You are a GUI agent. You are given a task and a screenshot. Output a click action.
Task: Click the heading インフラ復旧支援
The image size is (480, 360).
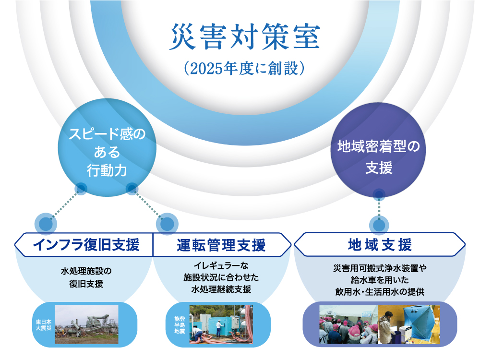[86, 245]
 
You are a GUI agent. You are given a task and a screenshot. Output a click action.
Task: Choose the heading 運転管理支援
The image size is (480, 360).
[221, 245]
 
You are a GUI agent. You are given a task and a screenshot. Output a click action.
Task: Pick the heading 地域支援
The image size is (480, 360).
[380, 245]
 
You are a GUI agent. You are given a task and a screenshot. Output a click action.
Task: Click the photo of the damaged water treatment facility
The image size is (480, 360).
[86, 324]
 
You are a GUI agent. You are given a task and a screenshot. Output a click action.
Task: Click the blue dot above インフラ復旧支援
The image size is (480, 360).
[46, 224]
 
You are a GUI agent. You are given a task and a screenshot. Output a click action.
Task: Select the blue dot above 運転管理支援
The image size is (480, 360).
[168, 224]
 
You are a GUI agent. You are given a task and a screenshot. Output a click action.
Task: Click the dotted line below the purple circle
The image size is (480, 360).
[379, 208]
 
